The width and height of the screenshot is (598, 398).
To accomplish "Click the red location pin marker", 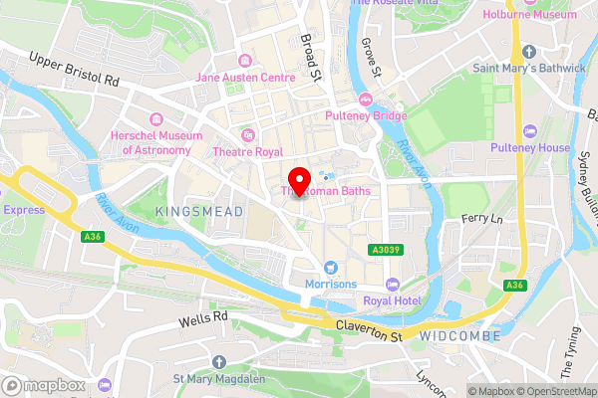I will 298,178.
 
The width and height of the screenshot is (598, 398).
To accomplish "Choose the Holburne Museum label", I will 530,15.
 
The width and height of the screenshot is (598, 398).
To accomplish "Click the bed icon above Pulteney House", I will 530,130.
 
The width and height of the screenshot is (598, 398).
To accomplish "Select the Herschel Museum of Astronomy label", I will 156,142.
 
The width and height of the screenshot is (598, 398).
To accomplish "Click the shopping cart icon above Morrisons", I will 329,267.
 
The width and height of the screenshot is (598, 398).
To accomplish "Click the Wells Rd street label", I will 203,319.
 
